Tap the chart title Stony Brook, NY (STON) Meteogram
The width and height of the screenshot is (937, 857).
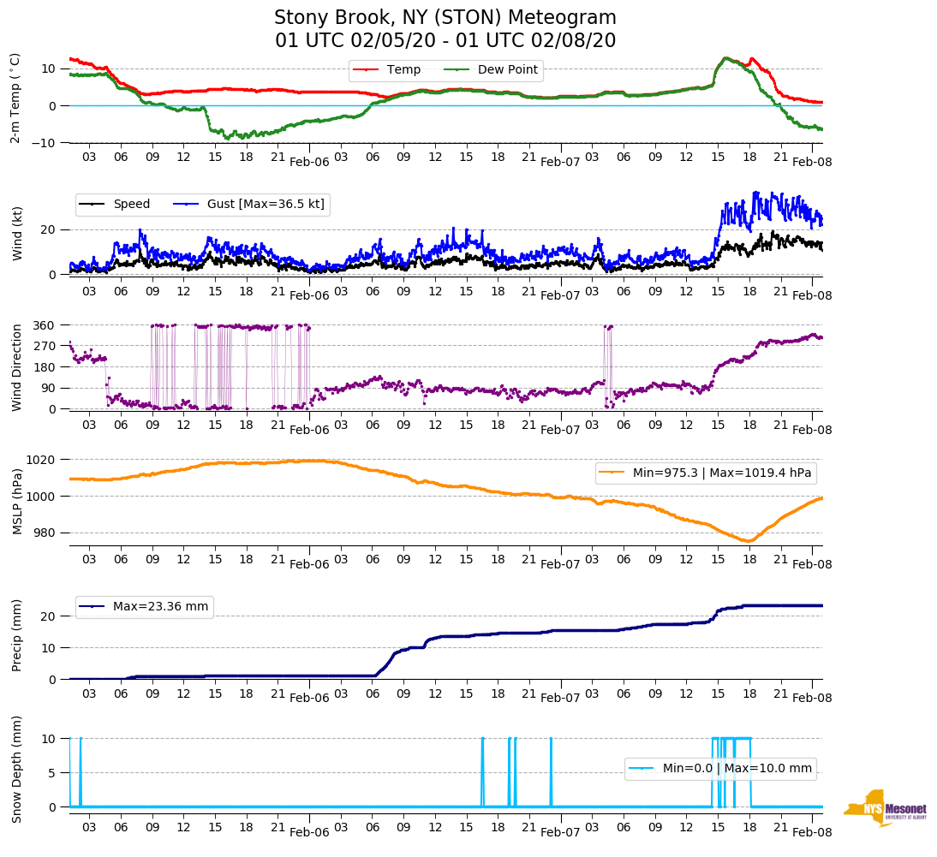coord(445,18)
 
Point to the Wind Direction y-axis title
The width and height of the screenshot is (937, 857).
coord(16,366)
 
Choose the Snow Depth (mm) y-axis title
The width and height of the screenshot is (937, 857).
coord(16,771)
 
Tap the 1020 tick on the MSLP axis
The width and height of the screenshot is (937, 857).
coord(41,460)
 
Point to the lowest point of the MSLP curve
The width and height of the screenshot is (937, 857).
coord(748,541)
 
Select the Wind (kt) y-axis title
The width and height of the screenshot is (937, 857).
coord(16,232)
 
